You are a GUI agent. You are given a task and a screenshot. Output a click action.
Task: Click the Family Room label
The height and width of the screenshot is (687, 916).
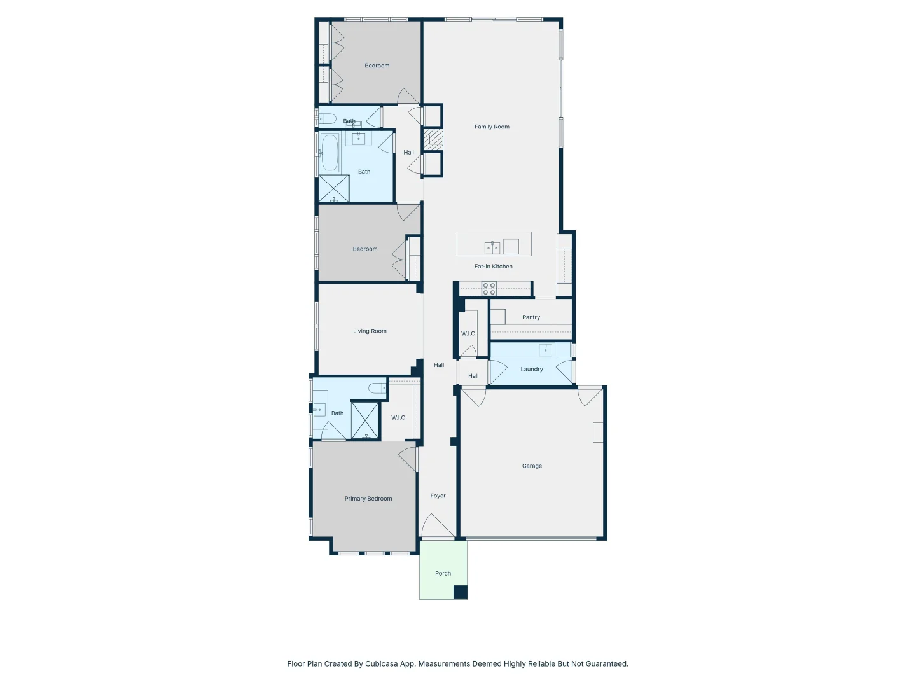coord(492,127)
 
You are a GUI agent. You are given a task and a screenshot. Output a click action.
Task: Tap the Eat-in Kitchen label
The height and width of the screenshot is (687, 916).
coord(493,267)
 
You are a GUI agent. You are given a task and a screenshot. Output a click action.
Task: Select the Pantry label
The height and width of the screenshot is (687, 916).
coord(531,317)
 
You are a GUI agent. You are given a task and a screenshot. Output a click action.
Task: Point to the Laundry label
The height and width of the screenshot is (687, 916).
coord(532,370)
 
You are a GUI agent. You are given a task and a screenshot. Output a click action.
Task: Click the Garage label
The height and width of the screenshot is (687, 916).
coord(532,466)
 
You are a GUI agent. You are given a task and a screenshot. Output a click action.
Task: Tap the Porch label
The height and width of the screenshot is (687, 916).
coord(443,574)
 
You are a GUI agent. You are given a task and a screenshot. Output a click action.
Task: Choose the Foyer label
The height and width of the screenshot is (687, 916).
coord(438,496)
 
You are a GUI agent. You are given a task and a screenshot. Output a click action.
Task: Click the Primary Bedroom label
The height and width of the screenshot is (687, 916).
coord(368,499)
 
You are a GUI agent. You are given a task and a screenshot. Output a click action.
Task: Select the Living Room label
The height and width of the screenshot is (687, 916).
coord(370,331)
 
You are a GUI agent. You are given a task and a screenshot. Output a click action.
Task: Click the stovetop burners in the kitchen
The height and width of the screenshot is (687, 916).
coord(489,289)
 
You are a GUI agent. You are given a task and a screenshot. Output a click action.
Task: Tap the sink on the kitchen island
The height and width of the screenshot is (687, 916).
coord(492,247)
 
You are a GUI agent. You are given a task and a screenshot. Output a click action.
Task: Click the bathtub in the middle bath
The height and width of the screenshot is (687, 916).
coord(330,153)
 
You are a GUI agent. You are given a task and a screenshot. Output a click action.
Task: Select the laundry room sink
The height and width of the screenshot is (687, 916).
coord(546,349)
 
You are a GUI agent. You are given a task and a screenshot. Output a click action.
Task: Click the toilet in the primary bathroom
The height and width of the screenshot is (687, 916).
coord(377,388)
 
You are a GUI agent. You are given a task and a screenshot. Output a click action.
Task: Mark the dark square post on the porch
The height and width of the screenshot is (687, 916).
coord(460,592)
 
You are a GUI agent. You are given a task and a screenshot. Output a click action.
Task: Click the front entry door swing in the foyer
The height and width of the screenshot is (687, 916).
coord(438,527)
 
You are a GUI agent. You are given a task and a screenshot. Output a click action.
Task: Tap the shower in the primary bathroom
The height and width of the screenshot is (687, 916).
coord(366,420)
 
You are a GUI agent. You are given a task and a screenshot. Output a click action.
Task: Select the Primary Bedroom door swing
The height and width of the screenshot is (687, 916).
coord(408,458)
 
